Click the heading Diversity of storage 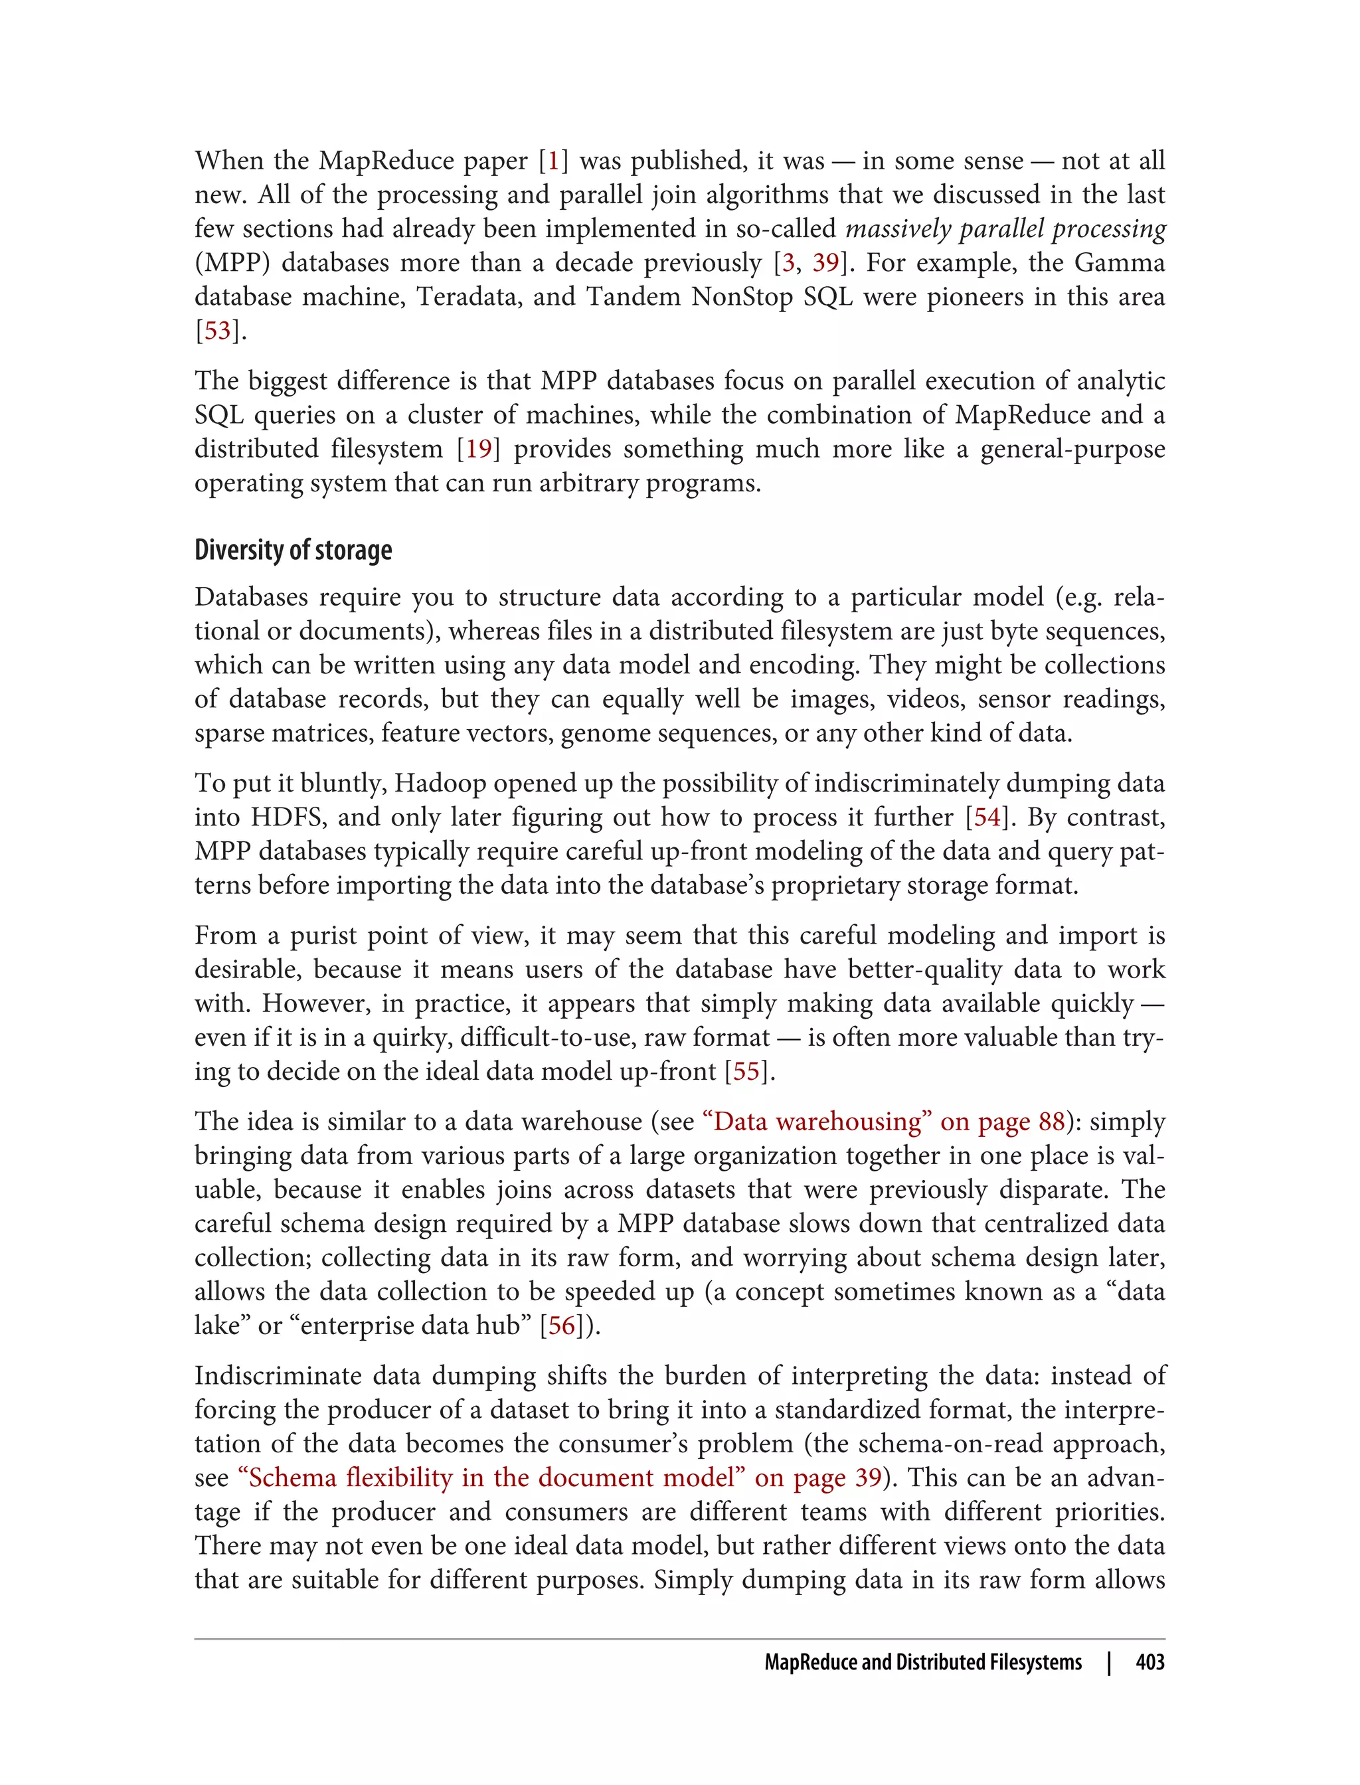[x=293, y=551]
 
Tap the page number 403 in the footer [x=1149, y=1663]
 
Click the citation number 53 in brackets [x=217, y=331]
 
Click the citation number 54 [x=987, y=817]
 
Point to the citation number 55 [x=746, y=1072]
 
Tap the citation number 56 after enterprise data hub [x=561, y=1326]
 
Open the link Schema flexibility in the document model [x=558, y=1478]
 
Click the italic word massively [x=898, y=229]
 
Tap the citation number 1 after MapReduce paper [x=554, y=161]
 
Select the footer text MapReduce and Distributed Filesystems [x=923, y=1663]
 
